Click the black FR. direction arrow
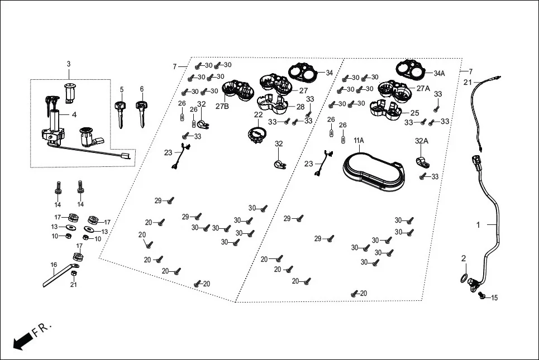point(23,341)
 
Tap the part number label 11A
point(359,141)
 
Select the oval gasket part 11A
point(374,173)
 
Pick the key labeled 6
point(141,114)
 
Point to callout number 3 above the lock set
point(69,64)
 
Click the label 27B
point(222,107)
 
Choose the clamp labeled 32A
point(422,162)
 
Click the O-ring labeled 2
point(464,278)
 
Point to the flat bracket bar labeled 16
point(59,275)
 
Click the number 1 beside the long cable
point(478,225)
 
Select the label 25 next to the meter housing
point(415,113)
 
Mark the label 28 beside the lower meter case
point(300,107)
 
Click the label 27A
point(423,88)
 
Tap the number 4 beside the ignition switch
point(74,114)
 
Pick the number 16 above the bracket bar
point(54,265)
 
